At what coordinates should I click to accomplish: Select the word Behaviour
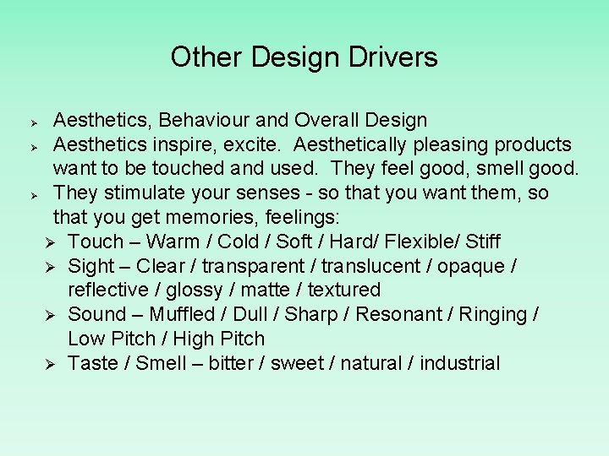(x=202, y=121)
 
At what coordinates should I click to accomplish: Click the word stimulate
(x=147, y=193)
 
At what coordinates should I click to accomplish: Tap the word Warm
(x=174, y=242)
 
